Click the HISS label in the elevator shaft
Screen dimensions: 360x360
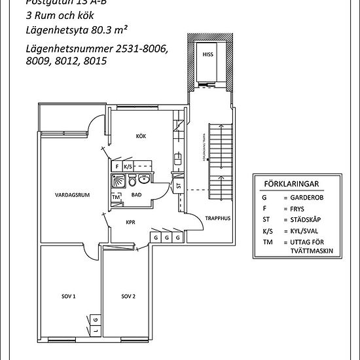[207, 55]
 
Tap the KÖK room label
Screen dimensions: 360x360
[141, 136]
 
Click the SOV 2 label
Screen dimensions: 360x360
[128, 297]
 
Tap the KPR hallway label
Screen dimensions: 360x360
[130, 222]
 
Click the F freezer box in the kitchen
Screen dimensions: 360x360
[118, 167]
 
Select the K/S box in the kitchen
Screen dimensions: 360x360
[128, 167]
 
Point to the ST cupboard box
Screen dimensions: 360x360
[179, 186]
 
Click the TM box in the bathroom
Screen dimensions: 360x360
[117, 197]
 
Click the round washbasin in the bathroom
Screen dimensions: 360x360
[145, 179]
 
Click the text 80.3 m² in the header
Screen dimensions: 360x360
[109, 29]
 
